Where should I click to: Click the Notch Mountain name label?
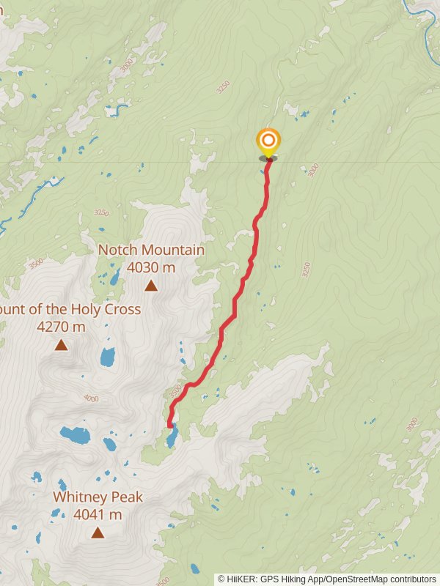151,250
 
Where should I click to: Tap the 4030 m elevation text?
151,267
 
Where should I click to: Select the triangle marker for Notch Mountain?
151,286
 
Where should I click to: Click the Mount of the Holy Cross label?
70,309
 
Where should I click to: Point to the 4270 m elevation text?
61,327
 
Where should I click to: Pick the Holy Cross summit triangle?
61,345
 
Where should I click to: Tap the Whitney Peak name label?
98,497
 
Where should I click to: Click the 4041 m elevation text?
98,515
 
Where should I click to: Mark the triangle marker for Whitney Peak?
98,533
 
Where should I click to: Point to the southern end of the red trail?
169,425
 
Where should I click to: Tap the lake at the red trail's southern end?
172,438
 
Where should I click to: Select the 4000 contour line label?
91,398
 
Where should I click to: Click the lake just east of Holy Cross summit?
108,357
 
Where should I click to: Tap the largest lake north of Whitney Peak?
75,435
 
